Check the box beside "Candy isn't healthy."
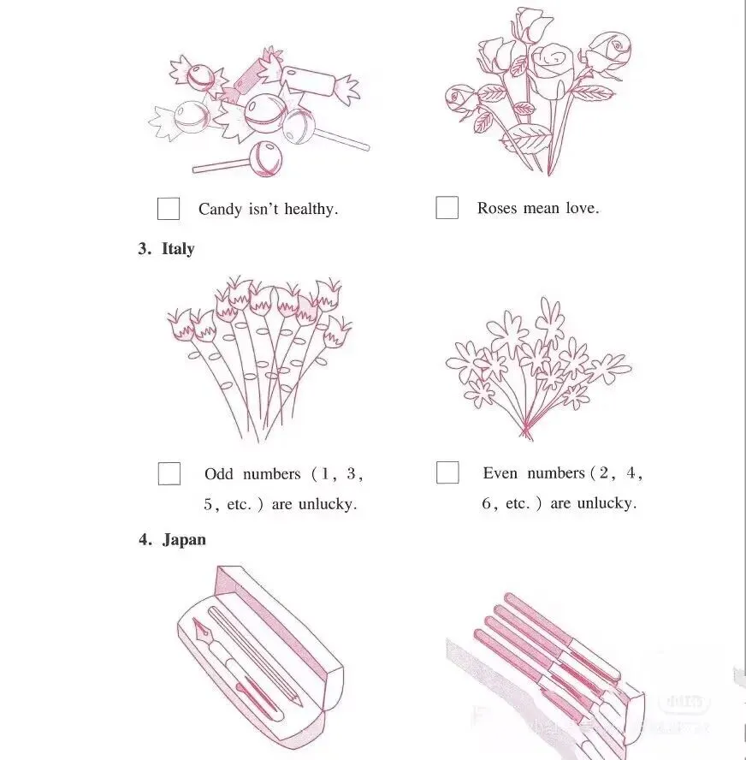pos(169,209)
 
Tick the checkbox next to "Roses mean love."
pos(447,207)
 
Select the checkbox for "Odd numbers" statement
pos(169,473)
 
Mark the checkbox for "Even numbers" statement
pos(447,472)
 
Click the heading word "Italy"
pos(178,249)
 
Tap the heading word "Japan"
pos(184,540)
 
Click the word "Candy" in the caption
pos(220,210)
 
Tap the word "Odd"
pos(218,473)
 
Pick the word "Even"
pos(500,472)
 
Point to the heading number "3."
pos(145,249)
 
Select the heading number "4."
pos(145,540)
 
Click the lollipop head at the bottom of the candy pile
pos(264,158)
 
